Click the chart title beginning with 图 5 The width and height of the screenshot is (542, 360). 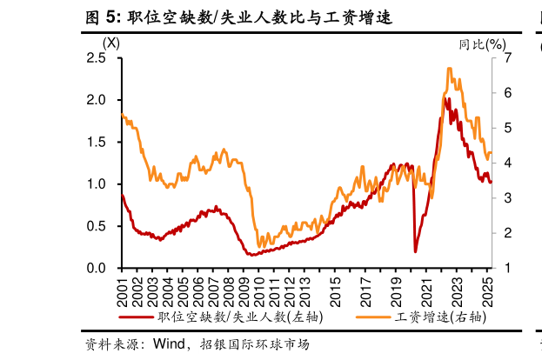coord(238,17)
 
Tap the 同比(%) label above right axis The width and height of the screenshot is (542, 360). coord(481,43)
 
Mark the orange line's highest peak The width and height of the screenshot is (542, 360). coord(449,69)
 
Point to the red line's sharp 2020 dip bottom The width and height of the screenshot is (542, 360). coord(415,251)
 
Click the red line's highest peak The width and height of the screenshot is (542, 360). coord(445,99)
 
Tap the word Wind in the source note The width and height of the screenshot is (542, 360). coord(171,344)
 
